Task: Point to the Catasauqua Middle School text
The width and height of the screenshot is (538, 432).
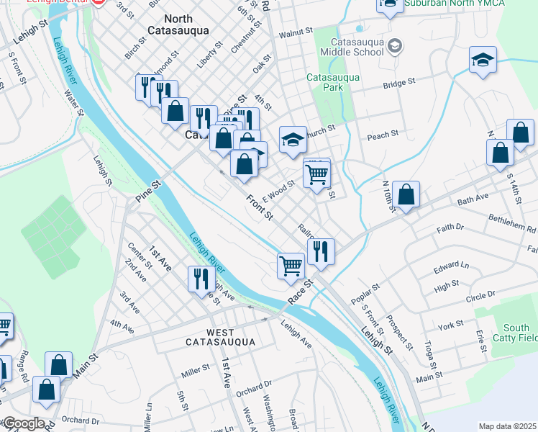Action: point(358,46)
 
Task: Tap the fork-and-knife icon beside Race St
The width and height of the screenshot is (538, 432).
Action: point(321,252)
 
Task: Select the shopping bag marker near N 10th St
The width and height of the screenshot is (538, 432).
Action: point(406,194)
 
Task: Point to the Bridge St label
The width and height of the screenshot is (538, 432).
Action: point(399,84)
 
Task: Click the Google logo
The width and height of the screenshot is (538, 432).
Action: point(23,423)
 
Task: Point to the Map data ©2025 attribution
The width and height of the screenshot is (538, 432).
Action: point(507,426)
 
